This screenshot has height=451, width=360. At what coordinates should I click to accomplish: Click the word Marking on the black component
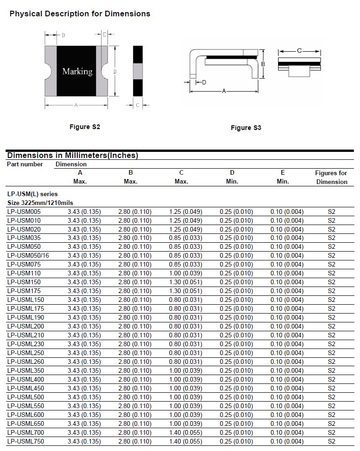77,71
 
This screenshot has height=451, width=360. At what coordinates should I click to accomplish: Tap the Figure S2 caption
85,127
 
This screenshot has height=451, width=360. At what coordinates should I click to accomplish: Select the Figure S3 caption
246,128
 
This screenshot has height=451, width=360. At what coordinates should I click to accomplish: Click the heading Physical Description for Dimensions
80,14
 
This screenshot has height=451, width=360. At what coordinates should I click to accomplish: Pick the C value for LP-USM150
185,282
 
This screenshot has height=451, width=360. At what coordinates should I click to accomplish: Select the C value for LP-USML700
185,432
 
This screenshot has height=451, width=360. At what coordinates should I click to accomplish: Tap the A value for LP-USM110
84,273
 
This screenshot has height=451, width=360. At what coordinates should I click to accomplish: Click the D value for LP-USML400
236,380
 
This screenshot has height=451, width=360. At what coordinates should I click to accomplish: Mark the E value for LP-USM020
287,229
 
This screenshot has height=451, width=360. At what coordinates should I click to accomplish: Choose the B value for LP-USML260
135,362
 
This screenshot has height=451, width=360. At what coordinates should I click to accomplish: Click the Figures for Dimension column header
332,178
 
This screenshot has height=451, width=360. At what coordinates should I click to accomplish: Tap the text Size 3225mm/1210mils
41,203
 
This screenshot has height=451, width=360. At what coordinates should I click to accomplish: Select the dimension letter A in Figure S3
224,91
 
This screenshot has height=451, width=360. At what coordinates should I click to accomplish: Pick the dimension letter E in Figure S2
104,34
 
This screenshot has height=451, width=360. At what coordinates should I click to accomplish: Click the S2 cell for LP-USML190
332,318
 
